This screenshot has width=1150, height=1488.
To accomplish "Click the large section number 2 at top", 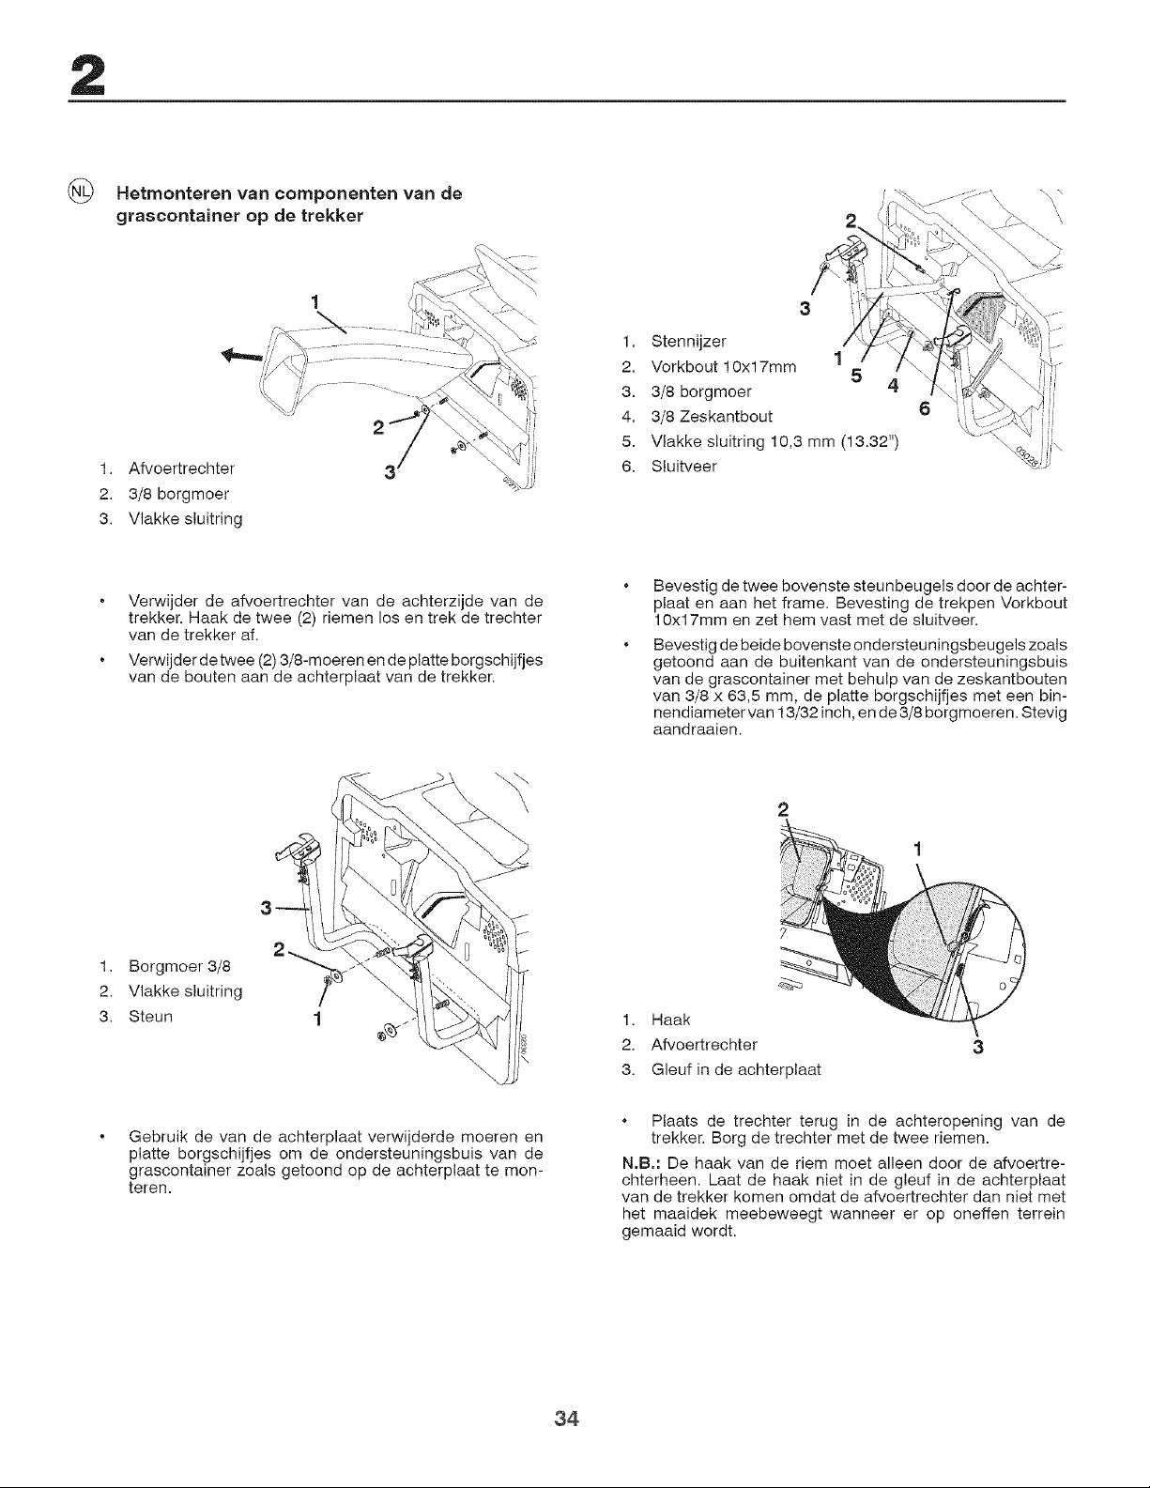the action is (87, 75).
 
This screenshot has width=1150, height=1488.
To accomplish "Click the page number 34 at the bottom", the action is (567, 1419).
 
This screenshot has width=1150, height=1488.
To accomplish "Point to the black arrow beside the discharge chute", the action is (241, 355).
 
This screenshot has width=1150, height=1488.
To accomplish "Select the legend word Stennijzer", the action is (689, 341).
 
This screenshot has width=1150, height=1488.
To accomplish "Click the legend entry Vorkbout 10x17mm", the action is (724, 367).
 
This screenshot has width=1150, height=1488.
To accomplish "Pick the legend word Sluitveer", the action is (683, 467).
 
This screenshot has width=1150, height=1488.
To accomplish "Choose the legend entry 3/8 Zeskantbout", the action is (712, 416).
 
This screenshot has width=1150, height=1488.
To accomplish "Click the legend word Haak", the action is (671, 1020).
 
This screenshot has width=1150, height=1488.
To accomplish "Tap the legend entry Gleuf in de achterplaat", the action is (736, 1069).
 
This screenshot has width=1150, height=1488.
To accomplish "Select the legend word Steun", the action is (150, 1016).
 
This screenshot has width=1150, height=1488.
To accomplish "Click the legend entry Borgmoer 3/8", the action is (179, 966).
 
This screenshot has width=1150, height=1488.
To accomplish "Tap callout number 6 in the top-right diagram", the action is (925, 408).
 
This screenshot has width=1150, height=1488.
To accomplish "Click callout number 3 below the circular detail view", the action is (978, 1047).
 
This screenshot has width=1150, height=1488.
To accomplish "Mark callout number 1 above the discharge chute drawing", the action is (314, 302).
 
